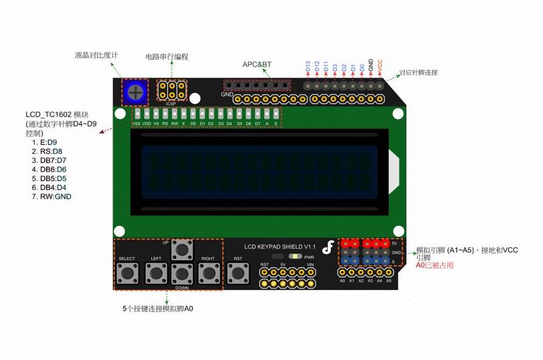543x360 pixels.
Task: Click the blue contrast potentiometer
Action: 135,92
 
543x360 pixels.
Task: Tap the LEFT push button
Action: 156,273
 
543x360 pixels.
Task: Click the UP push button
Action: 182,249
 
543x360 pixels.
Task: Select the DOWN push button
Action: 182,273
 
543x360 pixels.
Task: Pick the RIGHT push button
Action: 208,273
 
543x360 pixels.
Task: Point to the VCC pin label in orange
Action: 380,64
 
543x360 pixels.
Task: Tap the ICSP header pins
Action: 172,90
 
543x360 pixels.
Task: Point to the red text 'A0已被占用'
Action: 435,265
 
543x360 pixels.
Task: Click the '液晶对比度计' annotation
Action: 96,55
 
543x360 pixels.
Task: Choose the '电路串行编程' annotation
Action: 167,57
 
